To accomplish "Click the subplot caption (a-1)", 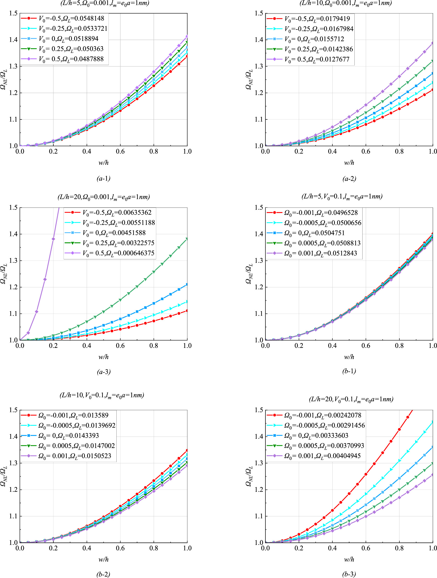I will [103, 179].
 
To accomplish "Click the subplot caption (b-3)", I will [349, 574].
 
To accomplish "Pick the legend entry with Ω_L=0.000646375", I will [110, 253].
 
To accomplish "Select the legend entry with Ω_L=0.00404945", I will [313, 456].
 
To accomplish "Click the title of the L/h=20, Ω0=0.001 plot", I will [104, 197].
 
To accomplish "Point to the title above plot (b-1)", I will [342, 197].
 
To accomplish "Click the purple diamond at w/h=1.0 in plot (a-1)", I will [187, 36].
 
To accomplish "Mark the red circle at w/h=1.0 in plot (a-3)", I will [187, 311].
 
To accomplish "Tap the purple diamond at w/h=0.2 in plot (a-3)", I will [53, 239].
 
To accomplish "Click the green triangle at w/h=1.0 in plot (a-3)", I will [187, 239].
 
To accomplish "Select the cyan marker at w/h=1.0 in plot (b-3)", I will [433, 422].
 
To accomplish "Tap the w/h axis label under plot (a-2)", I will [349, 163].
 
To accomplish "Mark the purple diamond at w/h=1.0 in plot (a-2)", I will [433, 43].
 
